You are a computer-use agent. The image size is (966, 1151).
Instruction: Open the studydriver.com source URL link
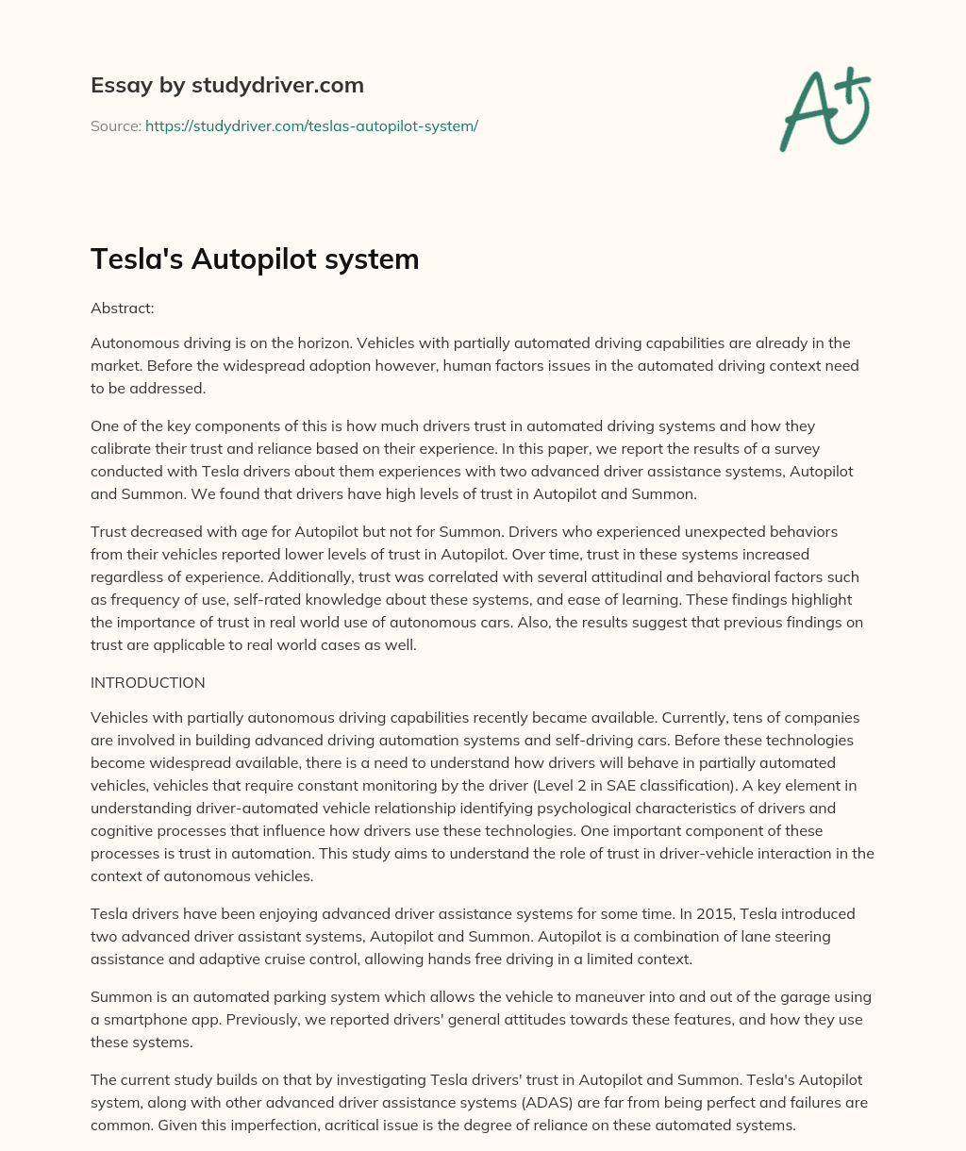point(311,125)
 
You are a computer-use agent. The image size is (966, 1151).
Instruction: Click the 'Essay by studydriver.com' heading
point(226,85)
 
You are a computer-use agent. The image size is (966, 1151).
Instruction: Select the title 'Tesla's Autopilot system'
point(255,259)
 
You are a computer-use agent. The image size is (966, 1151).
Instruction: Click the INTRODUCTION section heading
point(147,682)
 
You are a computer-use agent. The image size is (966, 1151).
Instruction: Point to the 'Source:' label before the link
point(116,125)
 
